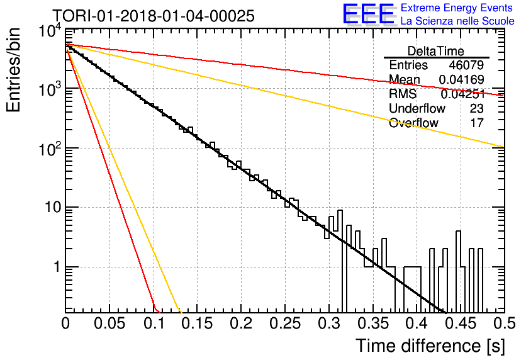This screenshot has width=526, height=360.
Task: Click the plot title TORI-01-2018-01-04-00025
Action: pos(154,16)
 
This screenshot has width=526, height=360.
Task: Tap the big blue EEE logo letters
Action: pos(368,14)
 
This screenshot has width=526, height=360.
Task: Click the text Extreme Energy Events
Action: pos(457,8)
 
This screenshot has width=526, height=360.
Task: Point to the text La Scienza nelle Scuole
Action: pos(457,21)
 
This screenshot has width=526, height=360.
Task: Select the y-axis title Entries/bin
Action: pos(13,70)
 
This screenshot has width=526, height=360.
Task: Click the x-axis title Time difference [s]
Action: pos(430,346)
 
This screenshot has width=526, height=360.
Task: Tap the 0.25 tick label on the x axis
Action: pos(285,323)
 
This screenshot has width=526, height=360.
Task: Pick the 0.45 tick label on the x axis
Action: pos(461,323)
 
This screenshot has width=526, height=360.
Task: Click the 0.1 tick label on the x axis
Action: pos(154,323)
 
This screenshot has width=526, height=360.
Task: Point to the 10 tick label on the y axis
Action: pos(53,207)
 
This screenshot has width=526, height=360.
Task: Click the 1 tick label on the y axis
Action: pos(57,267)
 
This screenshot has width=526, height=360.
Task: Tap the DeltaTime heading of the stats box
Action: pos(435,51)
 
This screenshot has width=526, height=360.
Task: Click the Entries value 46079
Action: pos(466,65)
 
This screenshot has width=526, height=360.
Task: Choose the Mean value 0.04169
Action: pos(462,79)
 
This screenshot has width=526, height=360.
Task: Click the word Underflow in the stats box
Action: pos(417,108)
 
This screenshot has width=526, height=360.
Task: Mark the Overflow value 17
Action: pos(477,123)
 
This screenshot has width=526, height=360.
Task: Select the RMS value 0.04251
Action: pos(463,94)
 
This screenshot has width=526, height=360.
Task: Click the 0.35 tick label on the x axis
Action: pos(372,323)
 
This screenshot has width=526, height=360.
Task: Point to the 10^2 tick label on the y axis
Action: pos(50,148)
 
